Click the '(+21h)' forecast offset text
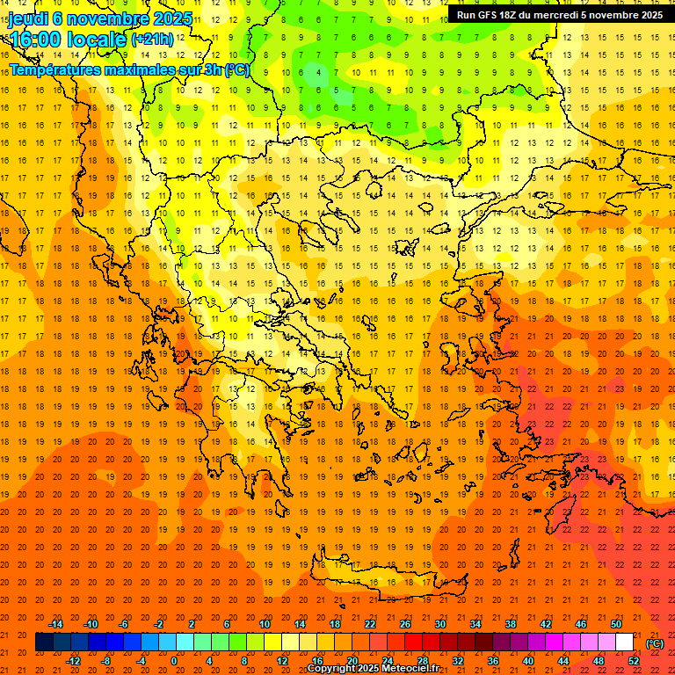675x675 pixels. click(151, 40)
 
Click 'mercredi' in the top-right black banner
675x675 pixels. click(554, 14)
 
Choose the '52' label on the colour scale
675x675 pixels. click(635, 660)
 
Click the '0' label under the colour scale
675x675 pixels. click(174, 660)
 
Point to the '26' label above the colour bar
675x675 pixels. click(405, 624)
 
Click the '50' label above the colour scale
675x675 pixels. click(616, 624)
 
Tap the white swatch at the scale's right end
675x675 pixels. click(625, 642)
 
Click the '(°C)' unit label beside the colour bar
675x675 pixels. click(655, 643)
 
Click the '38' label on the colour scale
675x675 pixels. click(511, 624)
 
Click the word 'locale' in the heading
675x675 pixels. click(96, 40)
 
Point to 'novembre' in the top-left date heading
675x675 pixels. click(107, 18)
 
